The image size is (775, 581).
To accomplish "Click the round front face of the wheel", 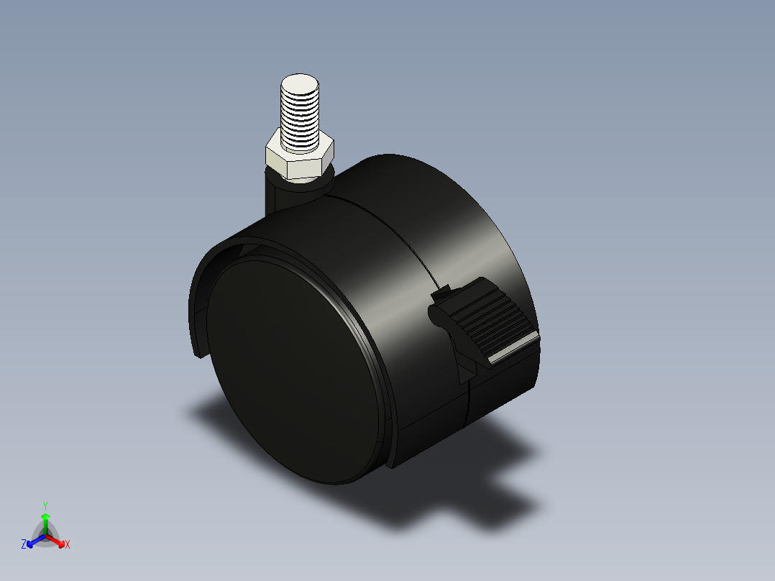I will [x=288, y=367].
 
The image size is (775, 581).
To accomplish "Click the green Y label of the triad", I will [x=45, y=505].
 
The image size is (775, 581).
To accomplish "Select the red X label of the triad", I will [x=67, y=545].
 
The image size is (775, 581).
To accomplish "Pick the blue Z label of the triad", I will [x=24, y=545].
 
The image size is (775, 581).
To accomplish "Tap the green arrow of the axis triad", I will [x=45, y=521].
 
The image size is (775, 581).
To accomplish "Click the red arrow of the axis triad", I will [x=57, y=540].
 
